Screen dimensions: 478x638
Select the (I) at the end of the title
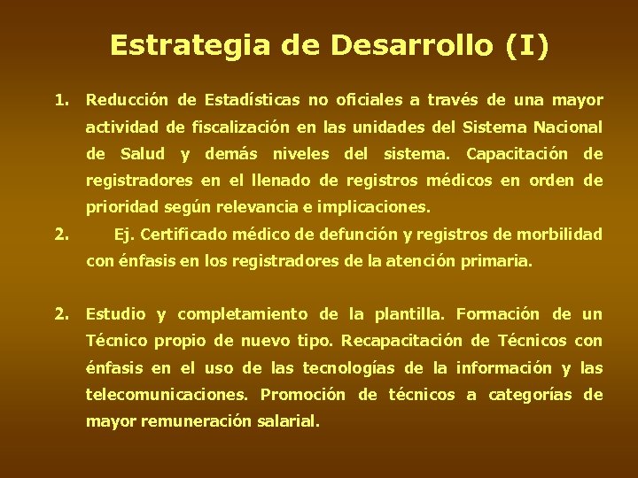(x=528, y=45)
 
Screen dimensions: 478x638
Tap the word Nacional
(x=568, y=127)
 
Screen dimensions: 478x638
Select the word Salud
(x=143, y=154)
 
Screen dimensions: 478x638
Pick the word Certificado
(x=182, y=235)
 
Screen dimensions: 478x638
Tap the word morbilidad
(x=561, y=235)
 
